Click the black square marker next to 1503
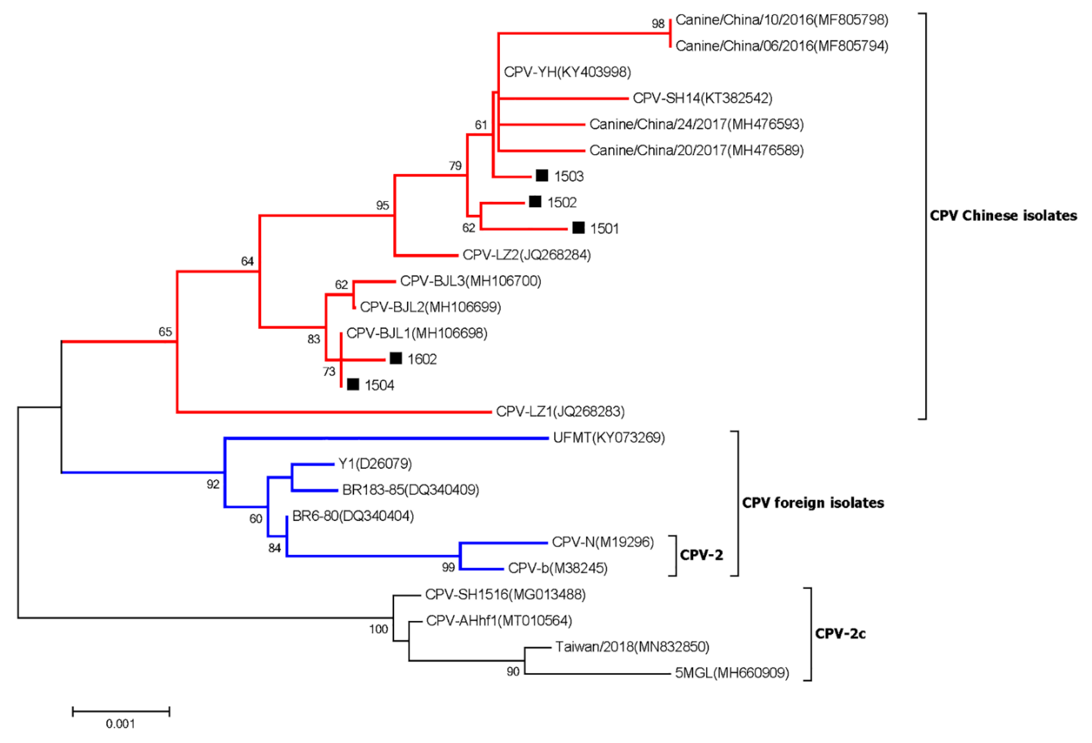click(x=542, y=176)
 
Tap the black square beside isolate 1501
click(x=578, y=228)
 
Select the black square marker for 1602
click(x=396, y=359)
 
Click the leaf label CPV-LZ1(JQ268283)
click(x=560, y=412)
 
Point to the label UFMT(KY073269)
click(x=609, y=438)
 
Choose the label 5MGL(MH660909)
click(x=732, y=673)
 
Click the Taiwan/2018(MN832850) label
click(x=632, y=647)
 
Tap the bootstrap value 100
click(x=378, y=629)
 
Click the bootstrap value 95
click(x=383, y=205)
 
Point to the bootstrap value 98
click(x=658, y=24)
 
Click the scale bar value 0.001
click(x=120, y=724)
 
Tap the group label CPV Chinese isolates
click(x=1003, y=216)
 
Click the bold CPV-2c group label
click(x=840, y=634)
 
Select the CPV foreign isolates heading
click(x=813, y=503)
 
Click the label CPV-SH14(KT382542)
click(x=702, y=98)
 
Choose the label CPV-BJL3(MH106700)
click(x=470, y=281)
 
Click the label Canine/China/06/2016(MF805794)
click(x=782, y=46)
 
